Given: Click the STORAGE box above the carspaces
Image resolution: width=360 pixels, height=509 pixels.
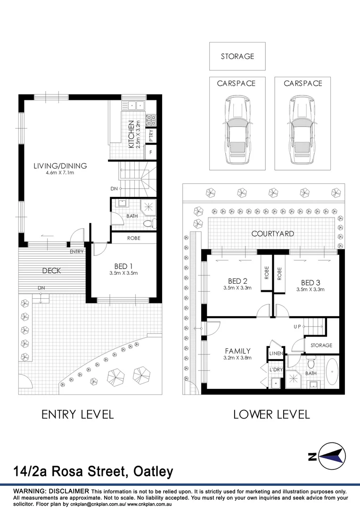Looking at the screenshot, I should pyautogui.click(x=237, y=56).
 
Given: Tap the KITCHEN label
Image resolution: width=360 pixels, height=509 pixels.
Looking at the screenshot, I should pyautogui.click(x=131, y=134).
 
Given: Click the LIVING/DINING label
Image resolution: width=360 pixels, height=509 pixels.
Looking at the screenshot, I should pyautogui.click(x=60, y=166).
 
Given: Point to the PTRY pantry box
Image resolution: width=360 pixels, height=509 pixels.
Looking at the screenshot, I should pyautogui.click(x=151, y=136).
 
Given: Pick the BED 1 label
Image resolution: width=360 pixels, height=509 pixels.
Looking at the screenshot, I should pyautogui.click(x=123, y=265).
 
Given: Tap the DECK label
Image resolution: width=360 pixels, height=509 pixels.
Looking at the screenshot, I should pyautogui.click(x=51, y=271).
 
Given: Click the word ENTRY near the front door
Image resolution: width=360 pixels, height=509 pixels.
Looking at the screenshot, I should pyautogui.click(x=76, y=252).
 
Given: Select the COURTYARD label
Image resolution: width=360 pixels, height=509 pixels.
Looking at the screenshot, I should pyautogui.click(x=272, y=233).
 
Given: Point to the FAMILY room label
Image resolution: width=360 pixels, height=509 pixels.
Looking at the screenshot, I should pyautogui.click(x=237, y=351).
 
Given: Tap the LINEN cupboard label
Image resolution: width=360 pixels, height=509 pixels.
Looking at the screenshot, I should pyautogui.click(x=276, y=353).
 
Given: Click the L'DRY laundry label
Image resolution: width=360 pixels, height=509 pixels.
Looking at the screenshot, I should pyautogui.click(x=276, y=370).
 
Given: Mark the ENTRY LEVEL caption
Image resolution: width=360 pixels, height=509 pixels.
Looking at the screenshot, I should pyautogui.click(x=77, y=415).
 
